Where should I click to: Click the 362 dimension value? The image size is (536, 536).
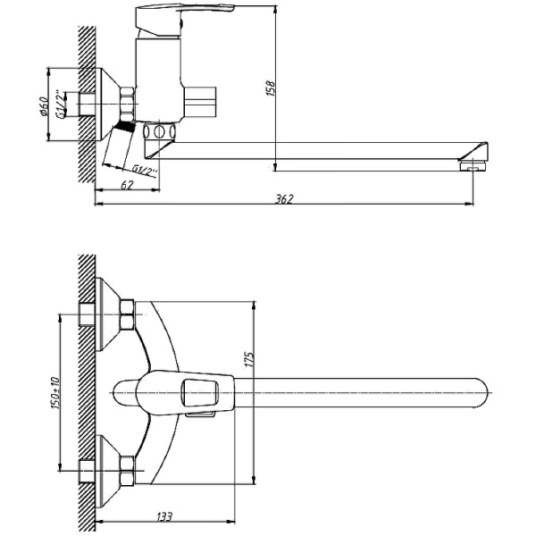click(285, 198)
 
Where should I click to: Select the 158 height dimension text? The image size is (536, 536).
click(270, 87)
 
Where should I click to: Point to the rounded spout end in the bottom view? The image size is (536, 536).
click(482, 393)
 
